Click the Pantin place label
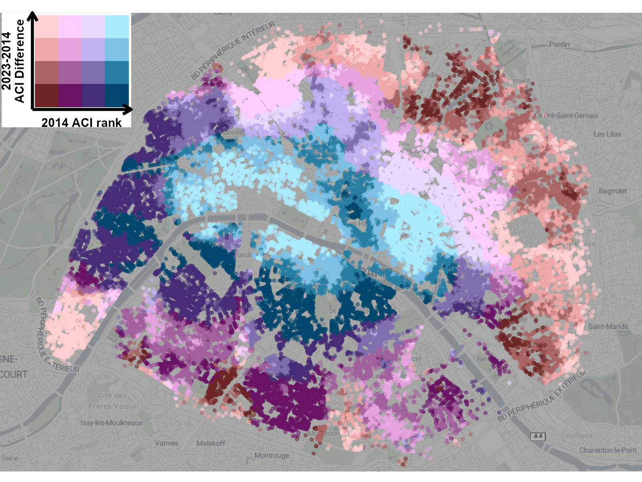[559, 44]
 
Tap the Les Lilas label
[607, 134]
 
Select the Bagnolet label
[612, 191]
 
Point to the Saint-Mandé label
[608, 326]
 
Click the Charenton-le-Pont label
[607, 450]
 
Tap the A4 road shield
[538, 436]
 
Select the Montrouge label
[272, 455]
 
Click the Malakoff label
[211, 443]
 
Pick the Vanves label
[166, 443]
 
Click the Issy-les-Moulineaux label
[111, 423]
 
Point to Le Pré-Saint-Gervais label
[566, 116]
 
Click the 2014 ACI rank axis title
[81, 123]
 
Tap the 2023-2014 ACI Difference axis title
[13, 61]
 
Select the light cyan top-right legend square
[117, 27]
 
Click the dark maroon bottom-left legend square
[47, 95]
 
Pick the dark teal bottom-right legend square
[117, 95]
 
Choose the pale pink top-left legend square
[47, 27]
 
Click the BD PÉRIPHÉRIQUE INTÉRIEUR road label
[233, 50]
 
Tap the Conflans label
[576, 436]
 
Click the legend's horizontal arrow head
[128, 109]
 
